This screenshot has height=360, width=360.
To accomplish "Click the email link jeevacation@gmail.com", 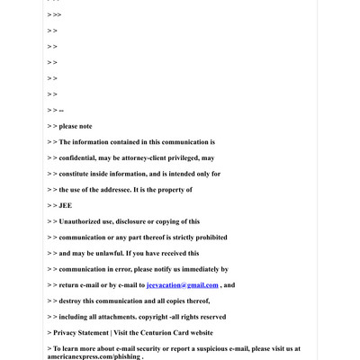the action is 182,285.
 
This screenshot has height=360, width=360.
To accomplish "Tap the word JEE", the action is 66,205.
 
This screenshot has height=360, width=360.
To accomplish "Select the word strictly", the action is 168,238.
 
